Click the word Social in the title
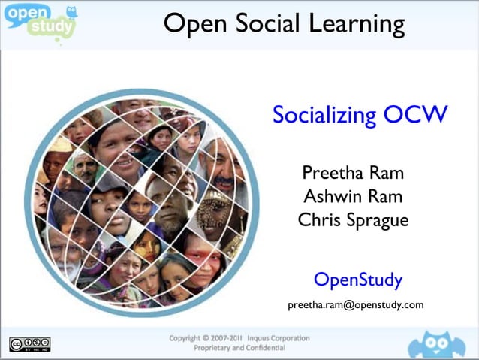(x=258, y=23)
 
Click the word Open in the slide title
(x=195, y=25)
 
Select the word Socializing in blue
(x=324, y=116)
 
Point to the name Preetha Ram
(x=353, y=173)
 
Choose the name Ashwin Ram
(x=353, y=197)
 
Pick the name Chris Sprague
(x=353, y=221)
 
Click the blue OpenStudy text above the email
(x=357, y=280)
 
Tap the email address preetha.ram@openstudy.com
(x=356, y=304)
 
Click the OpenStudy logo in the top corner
(x=40, y=20)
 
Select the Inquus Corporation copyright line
(x=239, y=338)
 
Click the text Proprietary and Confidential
(x=239, y=349)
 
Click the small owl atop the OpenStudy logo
(x=71, y=11)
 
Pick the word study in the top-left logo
(x=51, y=29)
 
